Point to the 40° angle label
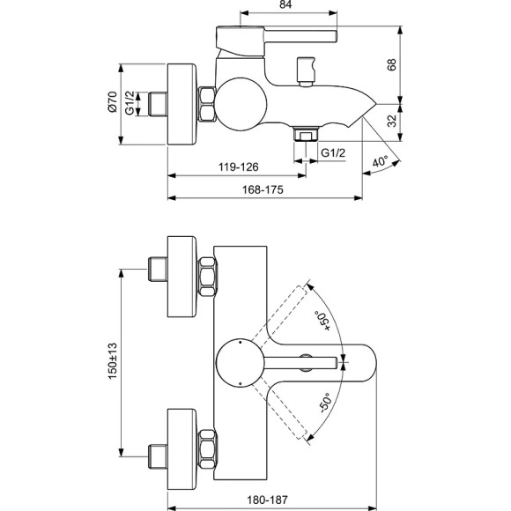[x=381, y=162]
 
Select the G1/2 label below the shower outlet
[x=332, y=153]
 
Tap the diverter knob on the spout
[x=307, y=70]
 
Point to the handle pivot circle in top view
[x=240, y=360]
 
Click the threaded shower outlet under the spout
[x=305, y=135]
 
